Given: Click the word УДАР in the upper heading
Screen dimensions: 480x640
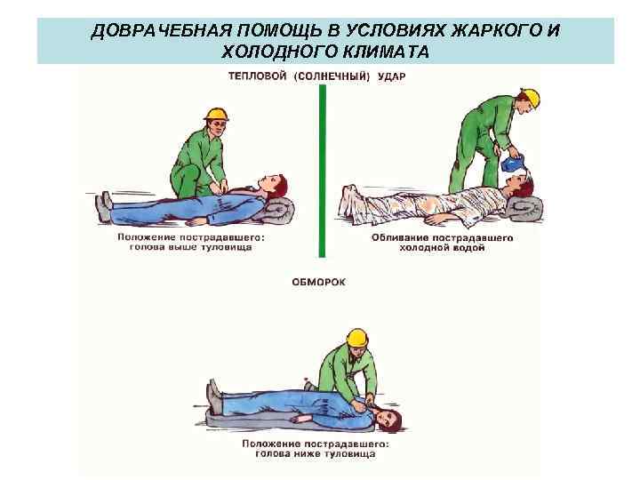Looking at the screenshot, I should click(x=390, y=76).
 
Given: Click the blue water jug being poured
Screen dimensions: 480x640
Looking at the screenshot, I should click(x=514, y=164).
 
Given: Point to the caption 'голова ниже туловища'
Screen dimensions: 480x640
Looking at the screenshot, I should click(x=324, y=453).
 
